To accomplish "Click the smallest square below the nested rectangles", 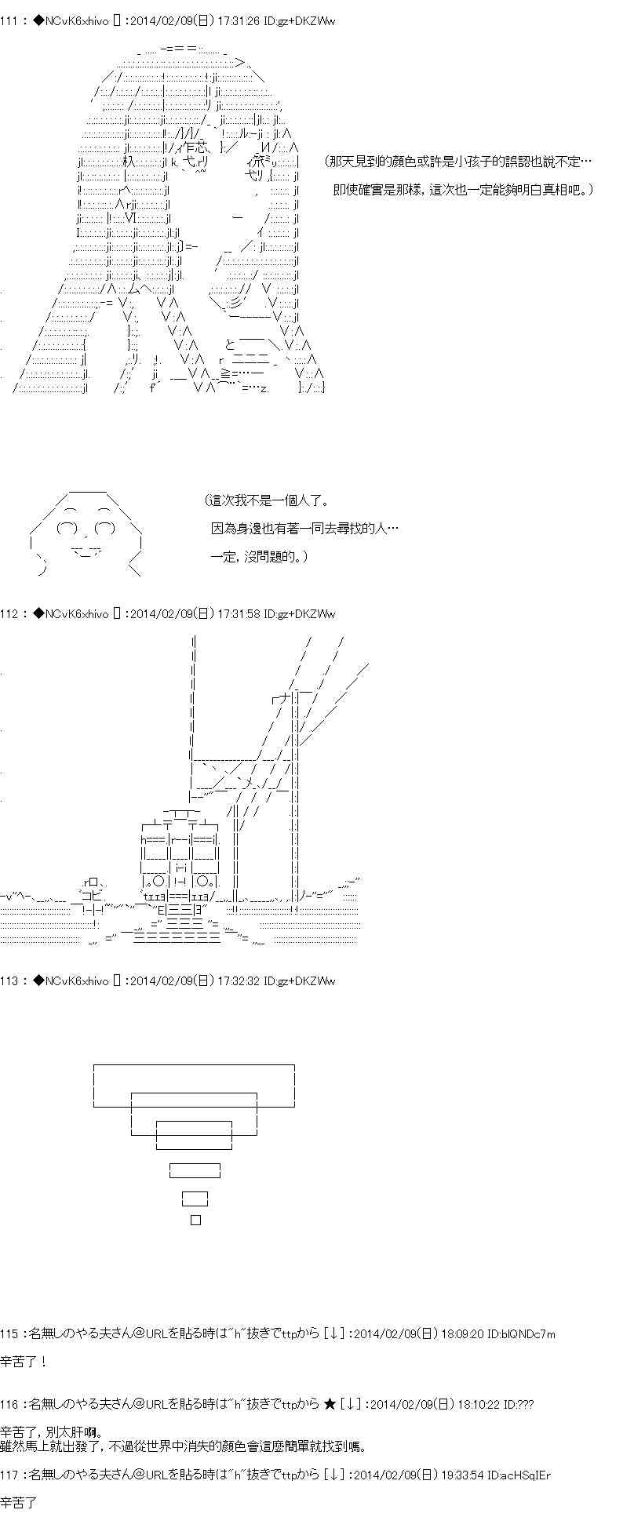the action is [x=196, y=1220].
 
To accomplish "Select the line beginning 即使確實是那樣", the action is [x=463, y=190].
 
